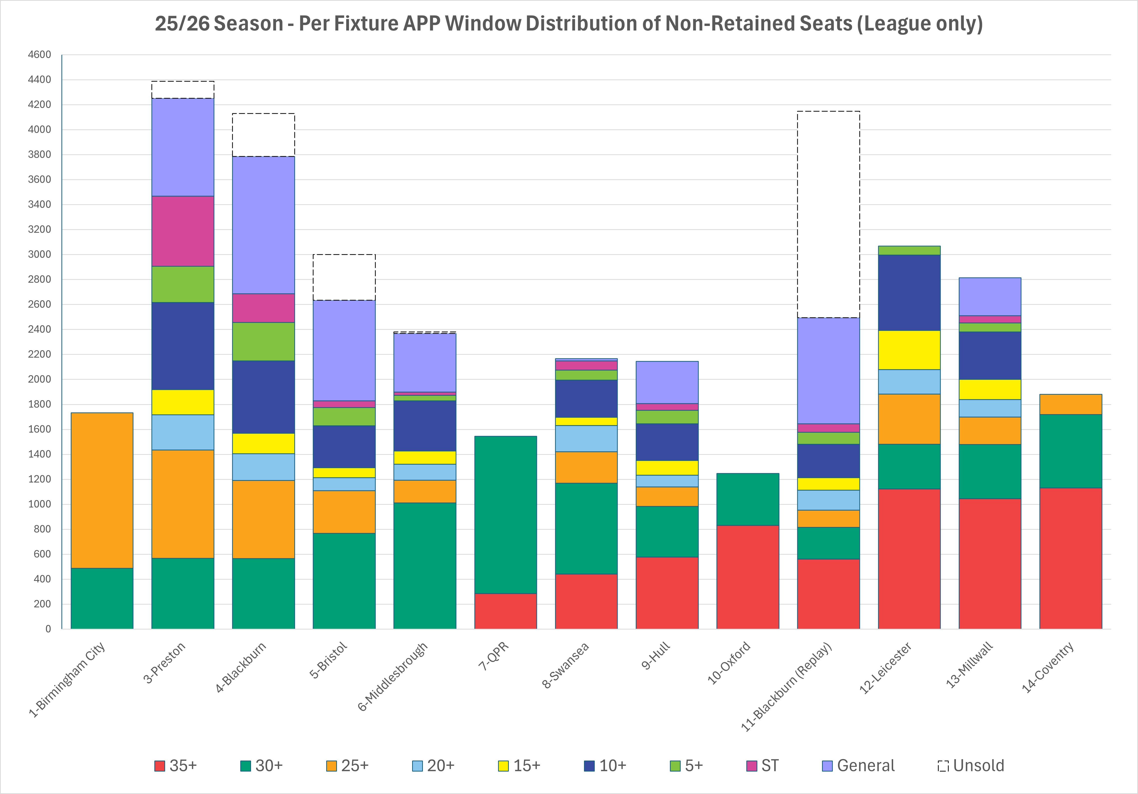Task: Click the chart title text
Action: (x=569, y=24)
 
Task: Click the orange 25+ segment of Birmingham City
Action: (x=102, y=490)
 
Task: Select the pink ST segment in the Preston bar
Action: (x=183, y=231)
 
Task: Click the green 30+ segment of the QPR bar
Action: (x=506, y=515)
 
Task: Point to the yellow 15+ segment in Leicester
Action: (x=909, y=350)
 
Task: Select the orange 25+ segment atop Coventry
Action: (x=1071, y=404)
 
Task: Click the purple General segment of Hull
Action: (x=667, y=382)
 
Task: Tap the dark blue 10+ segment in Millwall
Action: (x=990, y=356)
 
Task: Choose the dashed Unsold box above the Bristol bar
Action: (x=344, y=277)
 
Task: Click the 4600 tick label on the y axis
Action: (x=40, y=54)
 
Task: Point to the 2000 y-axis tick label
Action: (x=40, y=379)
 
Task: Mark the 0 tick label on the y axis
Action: (x=48, y=629)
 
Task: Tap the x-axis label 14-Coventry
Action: (x=1047, y=667)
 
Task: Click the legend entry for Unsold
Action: (x=971, y=766)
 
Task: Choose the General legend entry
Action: (x=859, y=766)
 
